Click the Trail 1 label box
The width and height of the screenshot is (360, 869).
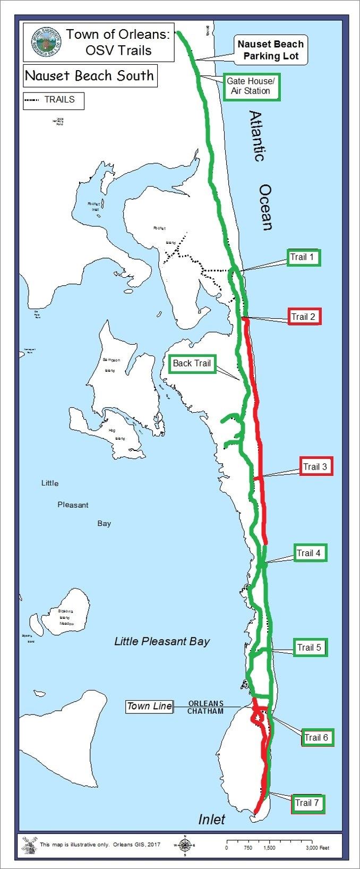[303, 258]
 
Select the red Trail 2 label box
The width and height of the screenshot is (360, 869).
[304, 317]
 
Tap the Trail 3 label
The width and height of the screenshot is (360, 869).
[316, 466]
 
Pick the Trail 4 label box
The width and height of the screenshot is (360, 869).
[309, 553]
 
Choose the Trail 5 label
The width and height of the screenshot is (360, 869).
[309, 648]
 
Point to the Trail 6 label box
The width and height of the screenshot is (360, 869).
[316, 737]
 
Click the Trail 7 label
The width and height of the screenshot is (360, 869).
[307, 803]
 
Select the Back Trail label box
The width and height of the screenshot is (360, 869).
[192, 364]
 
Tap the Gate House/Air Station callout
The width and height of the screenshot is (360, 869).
[251, 86]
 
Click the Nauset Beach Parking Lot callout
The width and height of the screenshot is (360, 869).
[271, 50]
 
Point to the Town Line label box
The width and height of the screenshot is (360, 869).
[149, 706]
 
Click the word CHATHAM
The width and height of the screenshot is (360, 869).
[205, 711]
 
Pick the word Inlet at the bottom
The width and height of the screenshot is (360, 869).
[211, 820]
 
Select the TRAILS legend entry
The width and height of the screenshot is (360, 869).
[53, 100]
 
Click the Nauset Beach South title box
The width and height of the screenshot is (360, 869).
[90, 76]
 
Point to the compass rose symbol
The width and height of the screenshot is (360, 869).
[184, 845]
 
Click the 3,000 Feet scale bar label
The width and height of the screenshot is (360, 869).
[318, 848]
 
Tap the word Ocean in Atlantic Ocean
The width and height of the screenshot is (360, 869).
[266, 207]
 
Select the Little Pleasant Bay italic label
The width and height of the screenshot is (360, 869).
[162, 641]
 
